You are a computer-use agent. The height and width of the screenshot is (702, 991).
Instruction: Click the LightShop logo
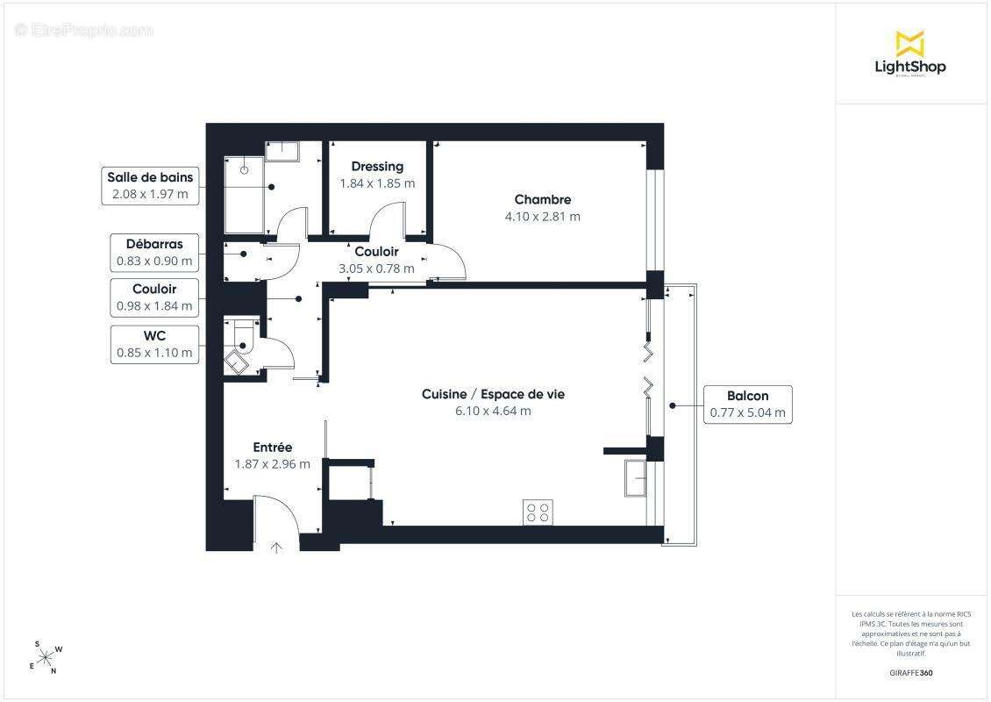[910, 54]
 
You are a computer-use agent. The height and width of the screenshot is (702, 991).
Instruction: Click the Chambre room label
[543, 200]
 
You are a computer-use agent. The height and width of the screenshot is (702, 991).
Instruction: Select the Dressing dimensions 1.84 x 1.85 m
[377, 183]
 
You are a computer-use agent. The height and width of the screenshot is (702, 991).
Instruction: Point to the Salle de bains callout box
[150, 186]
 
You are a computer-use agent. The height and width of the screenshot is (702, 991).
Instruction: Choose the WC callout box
[154, 345]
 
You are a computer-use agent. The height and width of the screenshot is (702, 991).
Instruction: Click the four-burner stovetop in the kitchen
[538, 512]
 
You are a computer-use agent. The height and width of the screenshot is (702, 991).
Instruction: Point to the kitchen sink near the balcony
[635, 478]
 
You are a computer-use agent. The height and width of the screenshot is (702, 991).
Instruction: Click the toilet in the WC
[243, 337]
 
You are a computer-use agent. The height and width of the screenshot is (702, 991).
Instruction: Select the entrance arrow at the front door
[276, 547]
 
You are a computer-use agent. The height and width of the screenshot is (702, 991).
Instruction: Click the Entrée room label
[273, 448]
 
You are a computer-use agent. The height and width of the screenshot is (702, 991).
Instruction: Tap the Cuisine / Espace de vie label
[493, 394]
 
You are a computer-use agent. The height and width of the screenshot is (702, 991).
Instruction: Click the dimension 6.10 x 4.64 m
[493, 411]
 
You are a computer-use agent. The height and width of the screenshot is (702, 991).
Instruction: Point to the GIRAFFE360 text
[910, 673]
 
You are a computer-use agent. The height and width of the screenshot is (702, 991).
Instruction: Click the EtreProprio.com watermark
[84, 30]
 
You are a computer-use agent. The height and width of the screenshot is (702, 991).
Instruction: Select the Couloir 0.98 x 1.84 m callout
[154, 297]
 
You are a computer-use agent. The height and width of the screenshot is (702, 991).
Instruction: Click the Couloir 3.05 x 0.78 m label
[377, 260]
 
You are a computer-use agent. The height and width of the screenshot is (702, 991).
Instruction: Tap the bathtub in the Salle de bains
[244, 195]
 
